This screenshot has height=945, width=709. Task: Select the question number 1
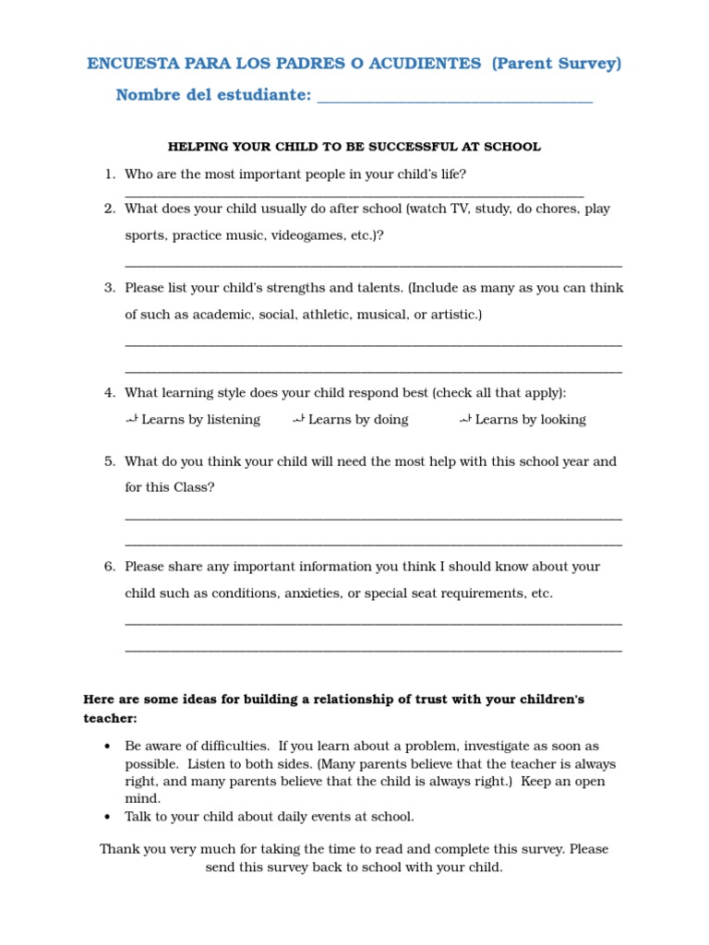coord(109,174)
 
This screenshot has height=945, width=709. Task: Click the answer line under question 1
coord(354,195)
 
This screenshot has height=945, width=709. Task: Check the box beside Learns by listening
coord(131,420)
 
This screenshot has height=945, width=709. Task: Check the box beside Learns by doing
coord(298,420)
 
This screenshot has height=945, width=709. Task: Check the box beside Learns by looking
coord(465,420)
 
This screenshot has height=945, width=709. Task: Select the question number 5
coord(109,461)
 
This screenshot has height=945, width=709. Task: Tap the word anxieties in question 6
coord(310,593)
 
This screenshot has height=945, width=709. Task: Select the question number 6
coord(109,567)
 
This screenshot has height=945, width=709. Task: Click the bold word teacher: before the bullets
coord(110,718)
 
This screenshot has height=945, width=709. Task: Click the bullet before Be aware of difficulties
coord(108,746)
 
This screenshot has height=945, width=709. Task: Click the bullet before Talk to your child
coord(108,817)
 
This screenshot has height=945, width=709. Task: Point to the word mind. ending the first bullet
coord(143,798)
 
